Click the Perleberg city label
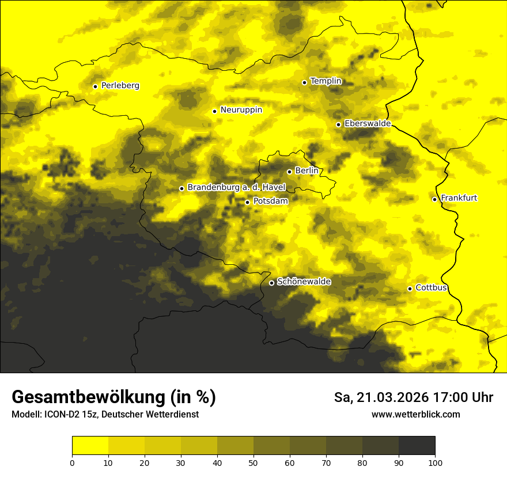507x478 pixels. pos(120,86)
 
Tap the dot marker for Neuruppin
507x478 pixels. pos(214,111)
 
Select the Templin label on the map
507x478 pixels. pos(326,81)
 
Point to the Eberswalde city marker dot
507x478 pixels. pos(338,124)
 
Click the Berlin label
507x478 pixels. pos(307,170)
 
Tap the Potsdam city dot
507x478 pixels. pos(247,202)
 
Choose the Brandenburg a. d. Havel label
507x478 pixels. pos(236,188)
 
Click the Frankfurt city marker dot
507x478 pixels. pos(434,199)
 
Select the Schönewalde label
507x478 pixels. pos(304,282)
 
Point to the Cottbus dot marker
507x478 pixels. pos(410,289)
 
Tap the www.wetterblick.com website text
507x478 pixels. pos(415,415)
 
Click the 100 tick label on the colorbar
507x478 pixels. pos(435,462)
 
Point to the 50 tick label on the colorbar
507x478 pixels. pos(253,462)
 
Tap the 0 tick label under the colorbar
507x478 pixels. pos(72,462)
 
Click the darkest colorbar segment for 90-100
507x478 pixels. pos(417,446)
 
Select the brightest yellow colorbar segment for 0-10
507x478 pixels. pos(90,446)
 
